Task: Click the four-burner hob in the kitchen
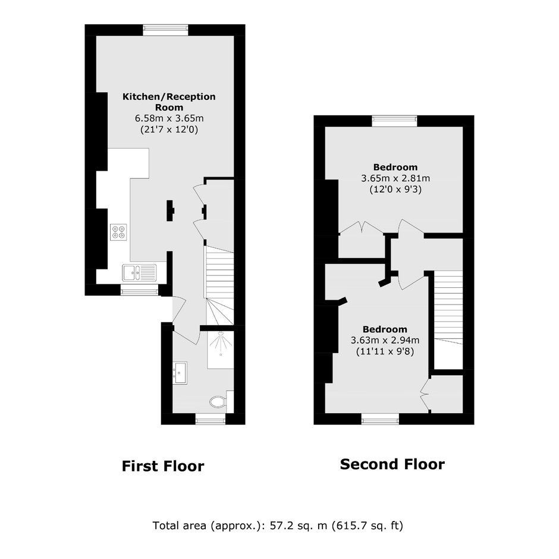coord(119,232)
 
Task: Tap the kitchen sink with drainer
coord(139,273)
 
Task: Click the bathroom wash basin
coord(180,373)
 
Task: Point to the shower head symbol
coord(221,343)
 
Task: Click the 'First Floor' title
coord(163,466)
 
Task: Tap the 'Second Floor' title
coord(392,464)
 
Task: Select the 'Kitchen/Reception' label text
coord(169,96)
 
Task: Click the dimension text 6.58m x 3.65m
coord(169,118)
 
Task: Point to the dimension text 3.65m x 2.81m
coord(395,178)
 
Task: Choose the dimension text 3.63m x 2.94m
coord(385,340)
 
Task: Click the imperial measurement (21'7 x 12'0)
coord(169,129)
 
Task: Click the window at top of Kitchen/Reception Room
coord(166,30)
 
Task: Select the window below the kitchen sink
coord(139,290)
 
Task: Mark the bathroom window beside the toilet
coord(211,419)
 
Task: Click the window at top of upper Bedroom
coord(395,121)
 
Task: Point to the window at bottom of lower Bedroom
coord(381,419)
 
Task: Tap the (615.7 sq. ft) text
coord(367,526)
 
